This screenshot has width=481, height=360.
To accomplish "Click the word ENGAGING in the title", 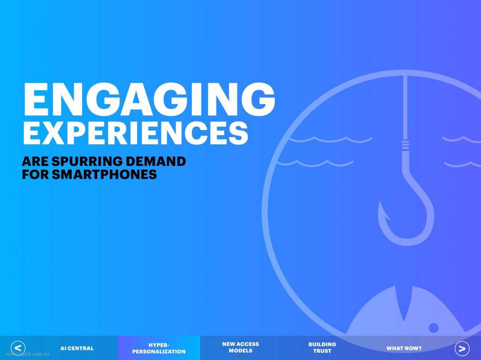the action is coord(149,99).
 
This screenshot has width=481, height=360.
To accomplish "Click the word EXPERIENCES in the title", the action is coord(136,133).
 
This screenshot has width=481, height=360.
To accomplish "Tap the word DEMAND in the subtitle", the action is coord(156,161).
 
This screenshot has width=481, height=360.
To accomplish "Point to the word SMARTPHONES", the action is coord(104,175).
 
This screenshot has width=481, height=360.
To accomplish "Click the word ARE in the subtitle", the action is coord(35,161).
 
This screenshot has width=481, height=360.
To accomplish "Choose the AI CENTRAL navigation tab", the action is coord(77,348).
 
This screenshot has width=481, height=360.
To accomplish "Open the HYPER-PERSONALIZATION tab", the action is coord(159,348).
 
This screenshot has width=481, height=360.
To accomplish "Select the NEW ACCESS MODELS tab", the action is coord(240,347).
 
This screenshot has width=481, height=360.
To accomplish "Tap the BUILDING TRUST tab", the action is coord(322,348).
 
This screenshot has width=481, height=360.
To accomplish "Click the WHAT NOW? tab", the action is coord(404,348).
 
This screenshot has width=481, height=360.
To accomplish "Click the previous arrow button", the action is coord(18,348).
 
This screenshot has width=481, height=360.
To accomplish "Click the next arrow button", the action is coord(462,348).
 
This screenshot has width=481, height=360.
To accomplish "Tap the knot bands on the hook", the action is coord(405,145).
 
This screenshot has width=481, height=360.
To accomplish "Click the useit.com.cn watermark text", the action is coord(28,354).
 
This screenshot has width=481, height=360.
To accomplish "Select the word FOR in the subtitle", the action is coord(35,175).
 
